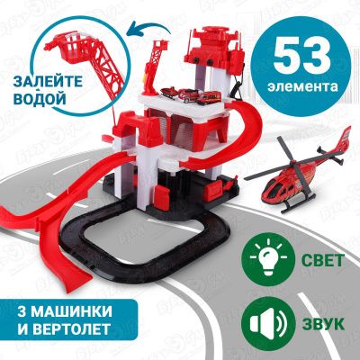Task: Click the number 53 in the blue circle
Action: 301,57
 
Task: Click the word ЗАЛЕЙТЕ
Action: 48,82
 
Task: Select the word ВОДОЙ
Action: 40,99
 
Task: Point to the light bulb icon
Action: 268,258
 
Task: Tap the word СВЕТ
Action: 322,260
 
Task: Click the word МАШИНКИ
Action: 71,311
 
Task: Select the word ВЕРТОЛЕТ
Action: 70,329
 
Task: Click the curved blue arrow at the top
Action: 148,28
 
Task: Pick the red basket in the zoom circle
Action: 67,47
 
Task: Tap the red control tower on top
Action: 215,46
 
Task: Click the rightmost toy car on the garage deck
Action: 209,97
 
